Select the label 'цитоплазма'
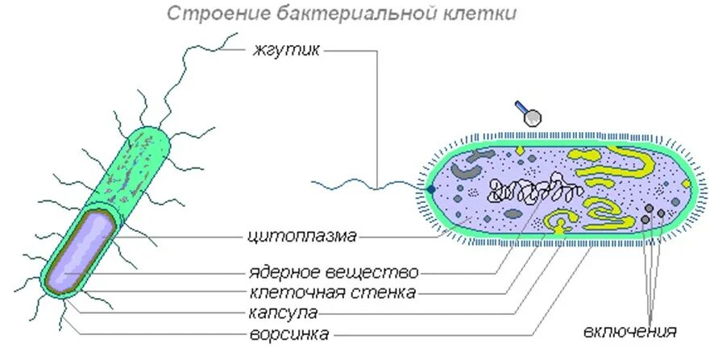tap(301, 237)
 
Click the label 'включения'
tap(630, 332)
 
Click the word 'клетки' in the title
tap(481, 14)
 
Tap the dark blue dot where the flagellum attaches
tap(431, 189)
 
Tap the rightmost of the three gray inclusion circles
tap(661, 213)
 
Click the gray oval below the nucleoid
tap(513, 214)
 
